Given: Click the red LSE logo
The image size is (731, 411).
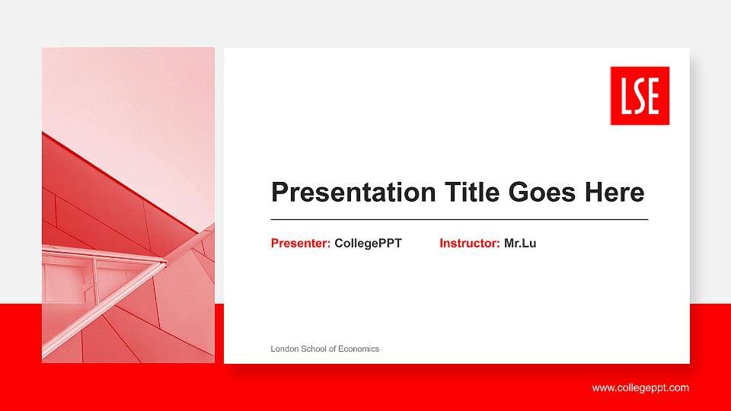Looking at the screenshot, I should pos(640,95).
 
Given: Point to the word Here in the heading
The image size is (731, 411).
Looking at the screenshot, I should pos(614,193).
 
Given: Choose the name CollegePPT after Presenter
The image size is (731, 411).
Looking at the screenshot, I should pos(368,244).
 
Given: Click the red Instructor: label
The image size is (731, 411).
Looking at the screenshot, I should pos(470,244).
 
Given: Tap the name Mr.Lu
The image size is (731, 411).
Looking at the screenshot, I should pos(520,244).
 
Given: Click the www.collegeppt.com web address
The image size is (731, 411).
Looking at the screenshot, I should pos(640,388).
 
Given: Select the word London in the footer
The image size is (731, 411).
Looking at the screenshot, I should pos(285,349).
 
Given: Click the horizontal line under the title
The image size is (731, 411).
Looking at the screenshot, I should pos(459,219).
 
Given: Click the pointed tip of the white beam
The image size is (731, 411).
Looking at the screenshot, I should pos(165,263).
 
